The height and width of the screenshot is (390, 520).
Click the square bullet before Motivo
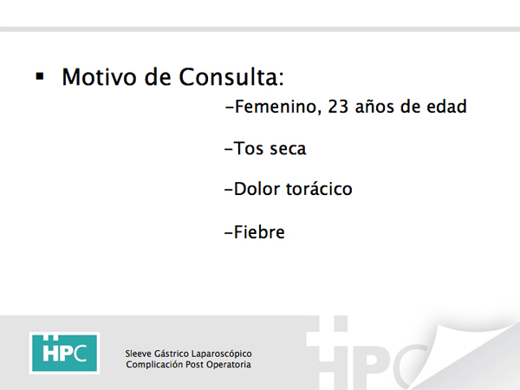pyautogui.click(x=40, y=76)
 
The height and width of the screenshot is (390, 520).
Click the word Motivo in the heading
pyautogui.click(x=99, y=77)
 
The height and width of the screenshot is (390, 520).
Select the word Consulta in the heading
pyautogui.click(x=231, y=77)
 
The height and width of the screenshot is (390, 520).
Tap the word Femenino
pyautogui.click(x=278, y=107)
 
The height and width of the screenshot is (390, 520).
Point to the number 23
pyautogui.click(x=338, y=107)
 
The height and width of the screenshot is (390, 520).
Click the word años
pyautogui.click(x=375, y=107)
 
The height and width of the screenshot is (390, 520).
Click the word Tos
pyautogui.click(x=249, y=148)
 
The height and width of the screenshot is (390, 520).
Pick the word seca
pyautogui.click(x=288, y=149)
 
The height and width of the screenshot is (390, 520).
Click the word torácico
pyautogui.click(x=319, y=189)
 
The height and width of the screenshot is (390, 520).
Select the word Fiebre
pyautogui.click(x=259, y=231)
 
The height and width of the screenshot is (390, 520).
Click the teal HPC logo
pyautogui.click(x=64, y=353)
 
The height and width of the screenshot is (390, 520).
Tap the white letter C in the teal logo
pyautogui.click(x=80, y=354)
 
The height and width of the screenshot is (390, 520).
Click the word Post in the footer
pyautogui.click(x=194, y=365)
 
